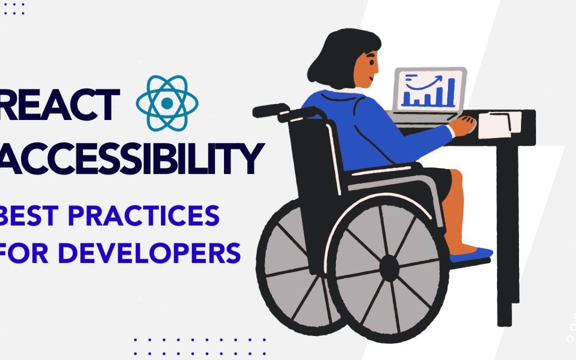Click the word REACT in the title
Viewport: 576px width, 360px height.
(x=59, y=105)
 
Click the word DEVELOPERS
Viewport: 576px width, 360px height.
(x=149, y=252)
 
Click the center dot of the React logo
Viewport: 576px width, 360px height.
(x=167, y=103)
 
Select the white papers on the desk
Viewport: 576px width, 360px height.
(x=499, y=124)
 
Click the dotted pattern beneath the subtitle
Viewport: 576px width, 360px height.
(x=200, y=339)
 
